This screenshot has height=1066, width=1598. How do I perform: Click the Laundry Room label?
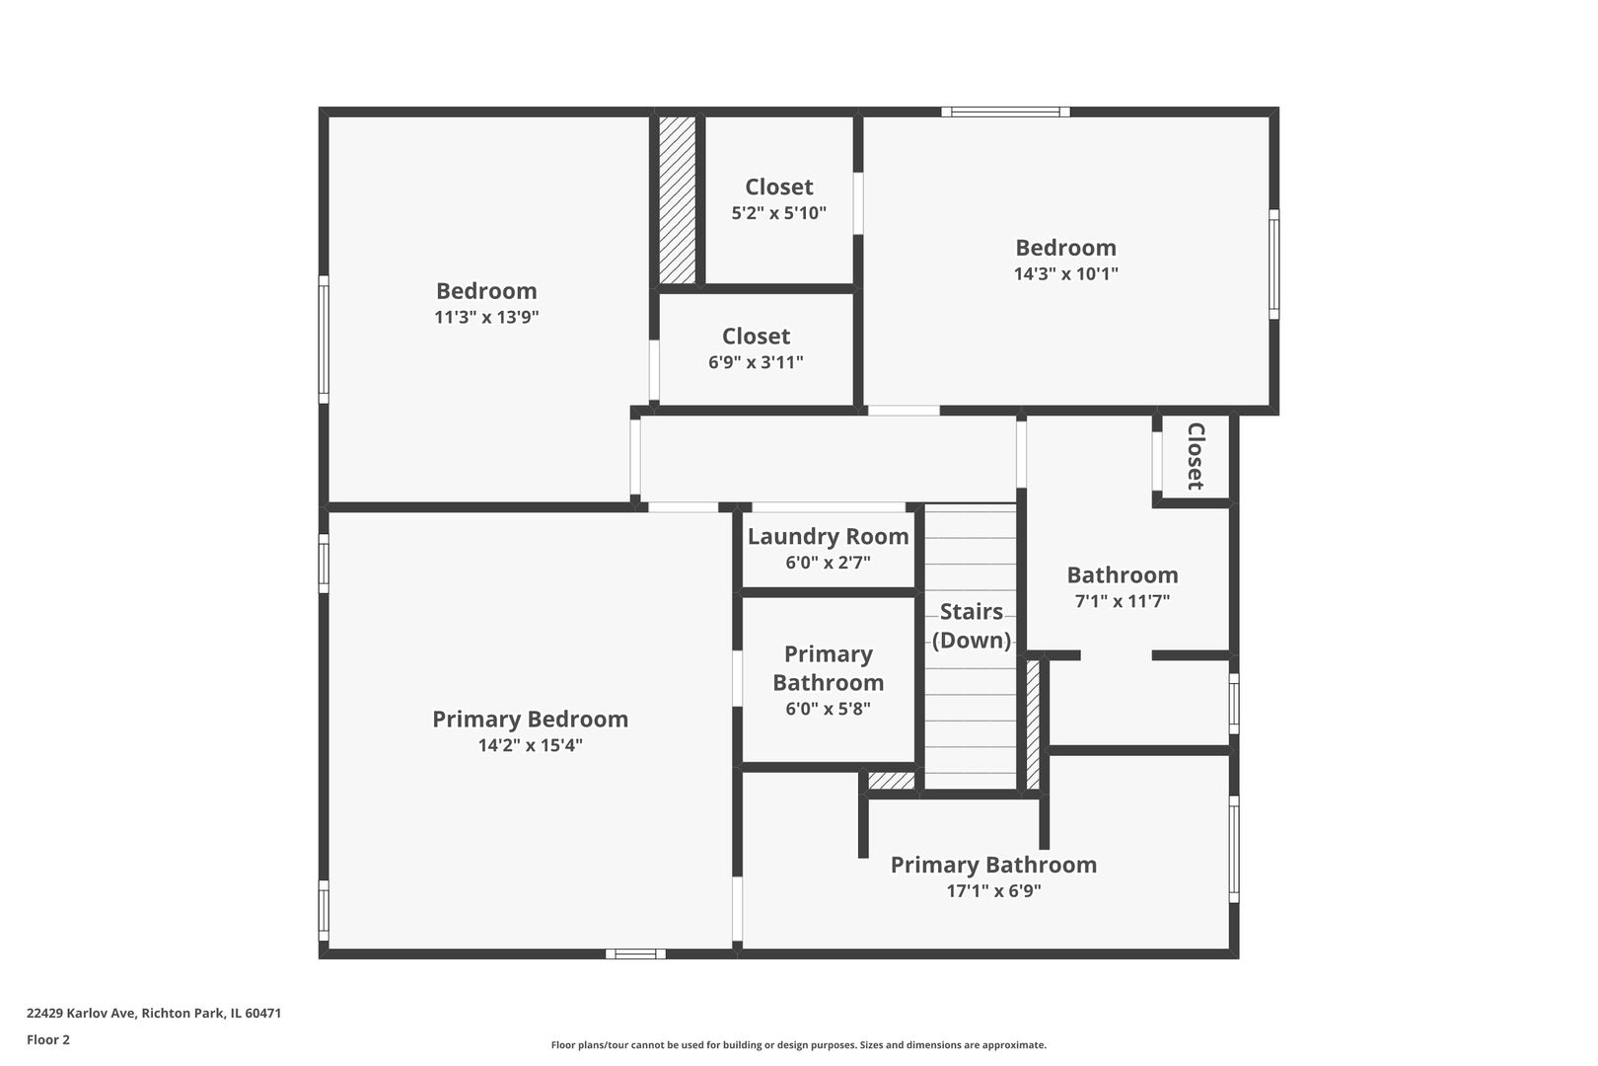(828, 537)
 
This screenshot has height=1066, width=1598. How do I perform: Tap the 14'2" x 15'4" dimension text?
(530, 745)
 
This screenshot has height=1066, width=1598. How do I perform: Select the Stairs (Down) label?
(972, 626)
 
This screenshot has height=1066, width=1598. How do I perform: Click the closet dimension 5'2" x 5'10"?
(778, 212)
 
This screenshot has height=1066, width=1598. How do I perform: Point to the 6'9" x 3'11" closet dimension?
(756, 362)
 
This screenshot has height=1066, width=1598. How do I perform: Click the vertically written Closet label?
(1195, 456)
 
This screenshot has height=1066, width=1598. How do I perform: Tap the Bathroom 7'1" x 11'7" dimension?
(1122, 600)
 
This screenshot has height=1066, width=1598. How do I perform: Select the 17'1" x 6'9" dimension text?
(993, 890)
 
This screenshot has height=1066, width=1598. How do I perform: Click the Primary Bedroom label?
(530, 719)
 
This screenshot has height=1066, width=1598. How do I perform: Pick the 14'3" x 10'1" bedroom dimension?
(1065, 273)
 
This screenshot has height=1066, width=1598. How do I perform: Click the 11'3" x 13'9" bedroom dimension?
(486, 317)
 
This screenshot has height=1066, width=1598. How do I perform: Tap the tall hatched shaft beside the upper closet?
(677, 200)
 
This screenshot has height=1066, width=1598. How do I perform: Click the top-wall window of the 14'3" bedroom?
(1005, 113)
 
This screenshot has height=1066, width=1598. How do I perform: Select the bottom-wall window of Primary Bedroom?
(635, 953)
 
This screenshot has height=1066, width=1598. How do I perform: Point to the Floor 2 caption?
(48, 1039)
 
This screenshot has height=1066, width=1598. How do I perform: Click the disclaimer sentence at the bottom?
(798, 1044)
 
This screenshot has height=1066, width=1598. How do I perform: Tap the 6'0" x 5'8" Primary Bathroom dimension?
(828, 708)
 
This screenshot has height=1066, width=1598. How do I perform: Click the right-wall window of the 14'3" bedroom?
(1273, 264)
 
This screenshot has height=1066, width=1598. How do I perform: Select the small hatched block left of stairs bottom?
(891, 781)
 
